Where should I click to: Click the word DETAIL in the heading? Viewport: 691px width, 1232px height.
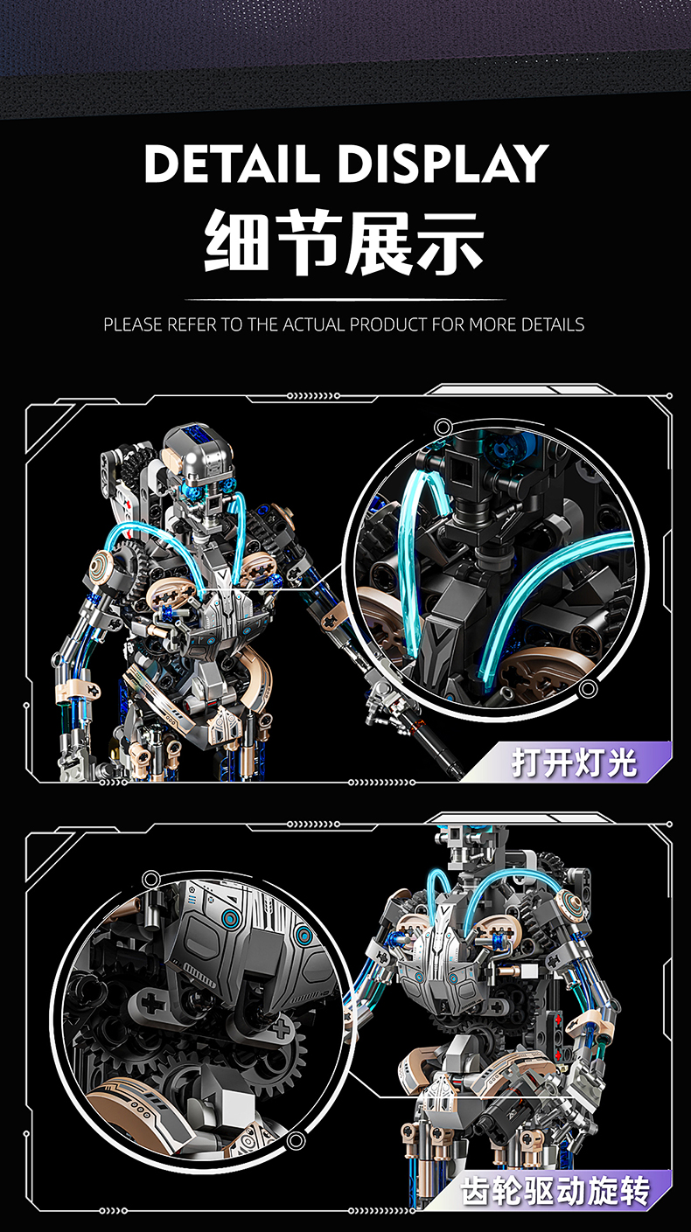pyautogui.click(x=232, y=164)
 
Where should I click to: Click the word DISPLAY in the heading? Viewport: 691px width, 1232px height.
pyautogui.click(x=443, y=164)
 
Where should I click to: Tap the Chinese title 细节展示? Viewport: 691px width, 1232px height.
pyautogui.click(x=345, y=242)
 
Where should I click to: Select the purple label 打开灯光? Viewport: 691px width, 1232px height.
pyautogui.click(x=575, y=762)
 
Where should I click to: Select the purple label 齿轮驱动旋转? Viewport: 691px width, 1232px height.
pyautogui.click(x=555, y=1191)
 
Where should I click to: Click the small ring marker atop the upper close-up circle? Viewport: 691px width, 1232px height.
pyautogui.click(x=443, y=428)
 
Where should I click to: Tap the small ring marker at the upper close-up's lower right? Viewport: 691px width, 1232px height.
pyautogui.click(x=588, y=687)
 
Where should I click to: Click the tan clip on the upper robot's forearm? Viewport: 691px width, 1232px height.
pyautogui.click(x=78, y=689)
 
